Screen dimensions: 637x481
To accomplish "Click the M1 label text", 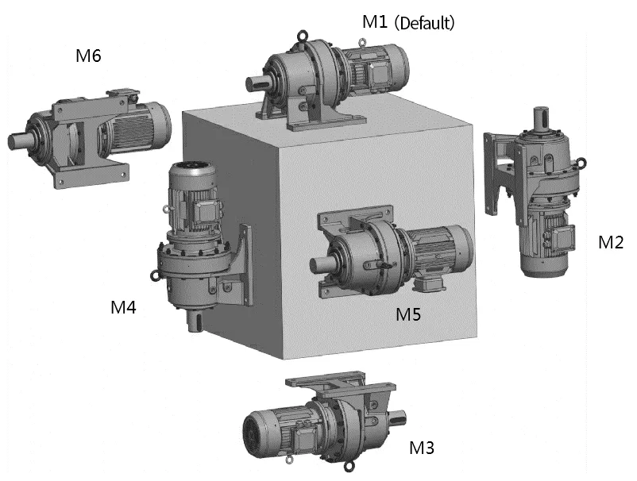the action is [375, 22].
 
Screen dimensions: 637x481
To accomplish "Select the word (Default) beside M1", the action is [424, 23].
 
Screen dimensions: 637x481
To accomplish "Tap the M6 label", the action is [88, 56].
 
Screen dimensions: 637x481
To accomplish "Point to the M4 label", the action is [123, 307].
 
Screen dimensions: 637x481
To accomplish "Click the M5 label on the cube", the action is [408, 314].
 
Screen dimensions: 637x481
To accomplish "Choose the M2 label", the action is [611, 242].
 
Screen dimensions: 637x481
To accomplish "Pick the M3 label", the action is [422, 448].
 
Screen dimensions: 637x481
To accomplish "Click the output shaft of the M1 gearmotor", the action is [257, 84].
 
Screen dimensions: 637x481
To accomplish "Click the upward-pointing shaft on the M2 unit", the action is [541, 118].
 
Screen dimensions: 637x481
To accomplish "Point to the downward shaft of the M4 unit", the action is [195, 321].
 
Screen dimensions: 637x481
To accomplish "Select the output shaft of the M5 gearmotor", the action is [322, 265].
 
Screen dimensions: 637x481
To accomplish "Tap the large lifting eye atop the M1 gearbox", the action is [303, 36].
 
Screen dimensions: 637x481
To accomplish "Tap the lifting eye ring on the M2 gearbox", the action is [581, 164].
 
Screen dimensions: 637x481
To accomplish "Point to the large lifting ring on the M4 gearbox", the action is [155, 275].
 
